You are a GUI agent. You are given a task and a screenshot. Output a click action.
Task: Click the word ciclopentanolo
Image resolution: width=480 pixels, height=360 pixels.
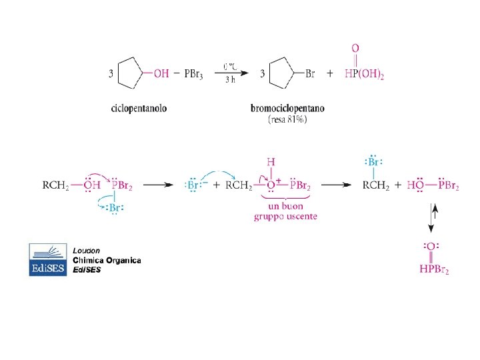pos(139,109)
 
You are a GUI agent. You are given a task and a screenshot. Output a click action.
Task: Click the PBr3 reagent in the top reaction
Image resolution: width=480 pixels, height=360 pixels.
pos(195,74)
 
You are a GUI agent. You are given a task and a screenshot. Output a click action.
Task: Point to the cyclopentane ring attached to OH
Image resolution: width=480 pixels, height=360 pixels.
pos(131,74)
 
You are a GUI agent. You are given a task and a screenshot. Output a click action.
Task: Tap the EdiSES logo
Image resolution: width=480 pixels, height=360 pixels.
pos(47,259)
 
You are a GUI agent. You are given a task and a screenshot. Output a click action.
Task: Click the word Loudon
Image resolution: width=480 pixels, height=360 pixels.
pos(87,250)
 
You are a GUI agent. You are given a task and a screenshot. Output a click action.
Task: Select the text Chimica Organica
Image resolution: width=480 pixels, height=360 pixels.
pos(107,260)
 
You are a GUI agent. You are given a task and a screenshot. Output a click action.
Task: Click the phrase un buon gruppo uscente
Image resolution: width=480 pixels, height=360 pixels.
pos(285,212)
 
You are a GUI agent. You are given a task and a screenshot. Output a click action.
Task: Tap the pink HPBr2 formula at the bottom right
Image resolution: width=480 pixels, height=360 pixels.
pos(433,271)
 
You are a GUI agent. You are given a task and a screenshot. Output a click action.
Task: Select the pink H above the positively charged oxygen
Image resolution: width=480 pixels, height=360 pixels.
pos(271,162)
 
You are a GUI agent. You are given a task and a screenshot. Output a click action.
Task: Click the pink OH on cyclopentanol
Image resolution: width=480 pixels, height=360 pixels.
pos(161,74)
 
